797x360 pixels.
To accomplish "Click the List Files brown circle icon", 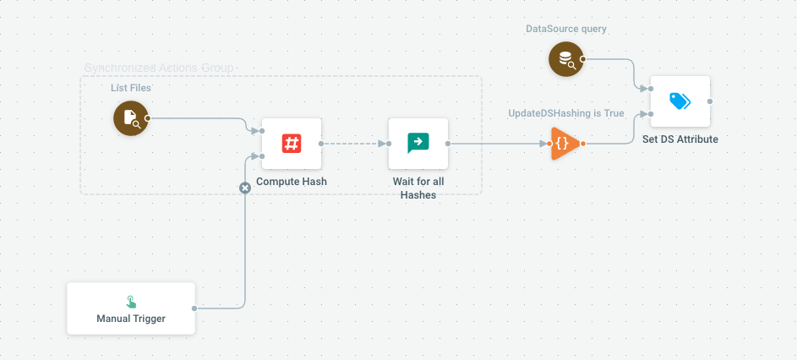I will [130, 118].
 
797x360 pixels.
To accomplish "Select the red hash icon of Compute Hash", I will [292, 144].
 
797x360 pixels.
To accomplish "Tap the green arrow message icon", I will [418, 143].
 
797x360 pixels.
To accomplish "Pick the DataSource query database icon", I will [565, 59].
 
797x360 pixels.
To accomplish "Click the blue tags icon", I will [680, 101].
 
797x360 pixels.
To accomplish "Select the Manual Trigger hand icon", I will [131, 302].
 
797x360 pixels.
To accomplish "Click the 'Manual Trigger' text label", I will [131, 319].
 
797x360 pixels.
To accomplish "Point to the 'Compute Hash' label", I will [292, 182].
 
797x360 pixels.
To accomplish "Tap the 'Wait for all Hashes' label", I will [418, 188].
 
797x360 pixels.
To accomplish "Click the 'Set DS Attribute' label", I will [680, 139].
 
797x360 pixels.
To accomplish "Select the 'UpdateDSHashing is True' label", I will [566, 113].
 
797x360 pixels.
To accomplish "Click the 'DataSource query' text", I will [566, 29].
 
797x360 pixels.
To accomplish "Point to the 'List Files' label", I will [131, 88].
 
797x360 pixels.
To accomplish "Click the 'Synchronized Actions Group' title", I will [159, 68].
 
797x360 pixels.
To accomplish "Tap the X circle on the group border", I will [245, 188].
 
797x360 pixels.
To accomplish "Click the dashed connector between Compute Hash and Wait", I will [355, 144].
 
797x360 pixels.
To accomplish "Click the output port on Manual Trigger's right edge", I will [195, 308].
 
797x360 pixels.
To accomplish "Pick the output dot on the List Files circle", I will [148, 118].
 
